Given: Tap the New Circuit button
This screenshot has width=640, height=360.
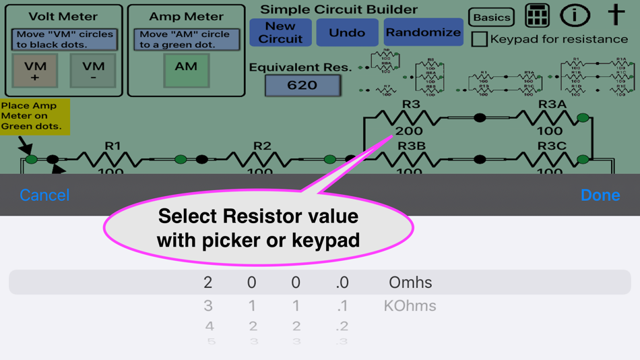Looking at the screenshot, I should (x=280, y=32).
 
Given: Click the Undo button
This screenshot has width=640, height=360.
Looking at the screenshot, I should (x=347, y=32).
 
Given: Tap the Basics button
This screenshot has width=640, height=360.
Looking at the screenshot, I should (x=491, y=18).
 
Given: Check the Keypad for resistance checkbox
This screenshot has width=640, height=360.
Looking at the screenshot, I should (x=479, y=39).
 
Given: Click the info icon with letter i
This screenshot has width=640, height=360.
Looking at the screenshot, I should (x=575, y=16).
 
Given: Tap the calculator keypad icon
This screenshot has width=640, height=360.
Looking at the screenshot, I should (x=537, y=16).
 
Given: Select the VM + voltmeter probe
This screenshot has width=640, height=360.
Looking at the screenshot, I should (x=35, y=71).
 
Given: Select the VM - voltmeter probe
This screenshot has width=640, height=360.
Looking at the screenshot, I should (x=93, y=71).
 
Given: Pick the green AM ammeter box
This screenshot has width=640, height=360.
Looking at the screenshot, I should (x=186, y=70).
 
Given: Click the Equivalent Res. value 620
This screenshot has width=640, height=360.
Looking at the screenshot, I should (x=302, y=86).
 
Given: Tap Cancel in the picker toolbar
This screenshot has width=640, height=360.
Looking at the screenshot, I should (x=44, y=195).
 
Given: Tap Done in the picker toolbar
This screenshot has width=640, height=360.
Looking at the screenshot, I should (x=600, y=195).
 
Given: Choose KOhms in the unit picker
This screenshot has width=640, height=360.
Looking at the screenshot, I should (x=410, y=306).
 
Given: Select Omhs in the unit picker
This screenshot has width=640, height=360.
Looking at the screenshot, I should (x=410, y=282).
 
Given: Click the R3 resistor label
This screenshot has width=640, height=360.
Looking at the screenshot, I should (x=411, y=104).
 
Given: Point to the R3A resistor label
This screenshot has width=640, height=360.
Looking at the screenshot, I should (x=552, y=104).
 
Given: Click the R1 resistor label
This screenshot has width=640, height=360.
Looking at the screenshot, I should (x=113, y=146).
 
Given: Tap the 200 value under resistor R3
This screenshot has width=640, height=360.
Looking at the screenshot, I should (x=409, y=130).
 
